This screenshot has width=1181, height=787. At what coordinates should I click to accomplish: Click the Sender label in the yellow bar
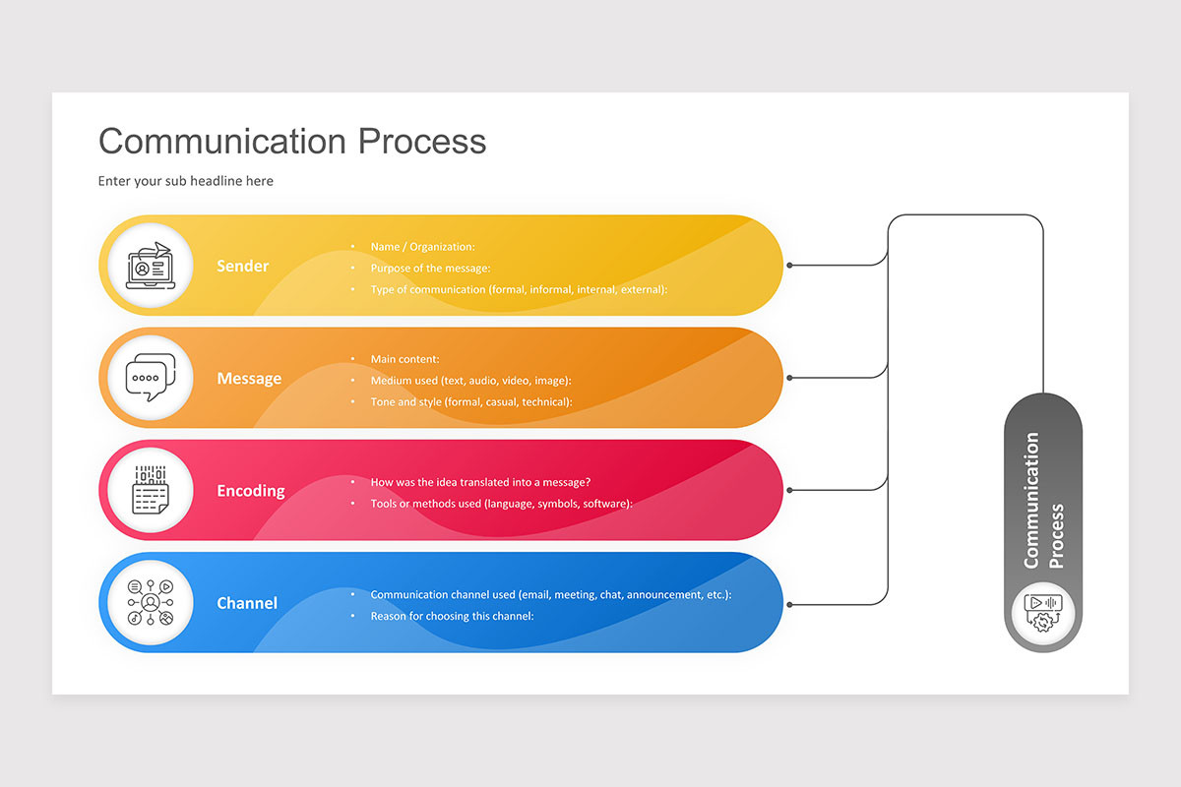pyautogui.click(x=242, y=266)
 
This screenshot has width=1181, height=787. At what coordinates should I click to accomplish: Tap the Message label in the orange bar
pyautogui.click(x=249, y=379)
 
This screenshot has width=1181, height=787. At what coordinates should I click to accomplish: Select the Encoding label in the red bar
pyautogui.click(x=251, y=491)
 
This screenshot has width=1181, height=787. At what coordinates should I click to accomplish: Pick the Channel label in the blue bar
pyautogui.click(x=247, y=603)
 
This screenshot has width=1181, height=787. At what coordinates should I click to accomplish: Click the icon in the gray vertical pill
pyautogui.click(x=1043, y=612)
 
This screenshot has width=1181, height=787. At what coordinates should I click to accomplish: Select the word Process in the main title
pyautogui.click(x=421, y=141)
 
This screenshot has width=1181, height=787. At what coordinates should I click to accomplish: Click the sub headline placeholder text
pyautogui.click(x=185, y=181)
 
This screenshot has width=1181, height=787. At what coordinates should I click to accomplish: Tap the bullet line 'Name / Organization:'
pyautogui.click(x=422, y=247)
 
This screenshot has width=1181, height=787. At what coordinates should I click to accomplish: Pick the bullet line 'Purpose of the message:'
pyautogui.click(x=430, y=268)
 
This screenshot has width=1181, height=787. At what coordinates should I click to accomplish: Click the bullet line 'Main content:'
pyautogui.click(x=404, y=359)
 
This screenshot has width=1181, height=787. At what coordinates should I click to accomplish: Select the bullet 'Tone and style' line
pyautogui.click(x=470, y=401)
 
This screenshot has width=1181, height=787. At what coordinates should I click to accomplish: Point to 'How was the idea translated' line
pyautogui.click(x=480, y=482)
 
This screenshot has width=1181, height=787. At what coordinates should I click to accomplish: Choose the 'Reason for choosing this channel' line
pyautogui.click(x=452, y=616)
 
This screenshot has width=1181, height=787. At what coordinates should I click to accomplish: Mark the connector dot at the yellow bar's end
pyautogui.click(x=789, y=266)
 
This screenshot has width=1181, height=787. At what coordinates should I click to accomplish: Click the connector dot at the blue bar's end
pyautogui.click(x=789, y=604)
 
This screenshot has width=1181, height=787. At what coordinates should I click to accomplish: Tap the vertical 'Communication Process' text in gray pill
pyautogui.click(x=1043, y=501)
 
